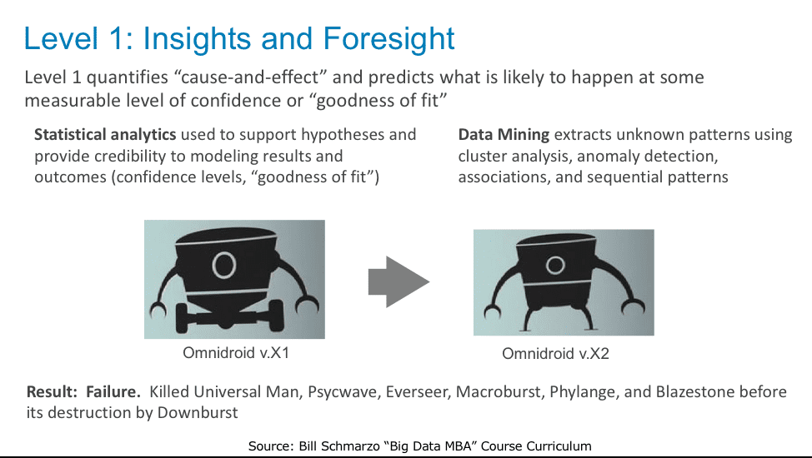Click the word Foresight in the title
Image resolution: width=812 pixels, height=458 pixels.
(388, 39)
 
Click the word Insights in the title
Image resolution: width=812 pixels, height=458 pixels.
(198, 38)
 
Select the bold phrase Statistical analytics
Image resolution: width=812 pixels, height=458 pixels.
(105, 135)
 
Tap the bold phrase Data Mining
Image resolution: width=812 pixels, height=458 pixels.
(504, 135)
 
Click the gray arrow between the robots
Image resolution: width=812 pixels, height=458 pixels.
(398, 282)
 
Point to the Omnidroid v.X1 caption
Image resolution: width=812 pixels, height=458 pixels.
(236, 353)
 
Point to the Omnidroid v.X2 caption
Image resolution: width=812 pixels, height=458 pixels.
(555, 354)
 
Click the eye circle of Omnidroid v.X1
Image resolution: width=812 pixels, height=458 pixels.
(224, 265)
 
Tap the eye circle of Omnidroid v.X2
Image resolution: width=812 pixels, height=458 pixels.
(555, 266)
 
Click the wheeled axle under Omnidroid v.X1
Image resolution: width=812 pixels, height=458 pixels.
(230, 317)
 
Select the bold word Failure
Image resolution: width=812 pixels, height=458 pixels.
(113, 391)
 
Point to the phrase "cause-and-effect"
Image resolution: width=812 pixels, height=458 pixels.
(250, 77)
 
